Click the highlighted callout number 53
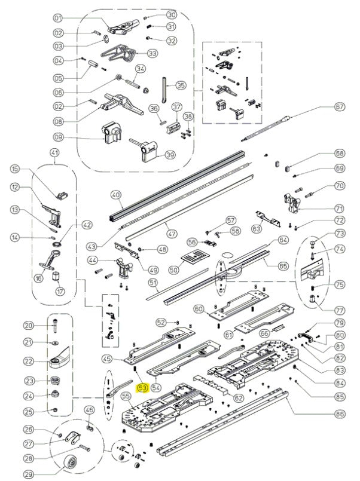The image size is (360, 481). (143, 388)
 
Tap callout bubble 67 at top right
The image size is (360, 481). (340, 107)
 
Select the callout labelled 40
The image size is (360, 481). (116, 194)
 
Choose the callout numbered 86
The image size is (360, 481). (340, 413)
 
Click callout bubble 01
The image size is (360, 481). (57, 17)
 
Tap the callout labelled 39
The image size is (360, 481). (170, 155)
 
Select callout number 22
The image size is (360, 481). (28, 361)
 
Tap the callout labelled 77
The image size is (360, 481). (339, 311)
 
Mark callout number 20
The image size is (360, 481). (28, 326)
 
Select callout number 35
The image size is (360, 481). (180, 85)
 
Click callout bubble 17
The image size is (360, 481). (59, 292)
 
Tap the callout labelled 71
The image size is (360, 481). (340, 209)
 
